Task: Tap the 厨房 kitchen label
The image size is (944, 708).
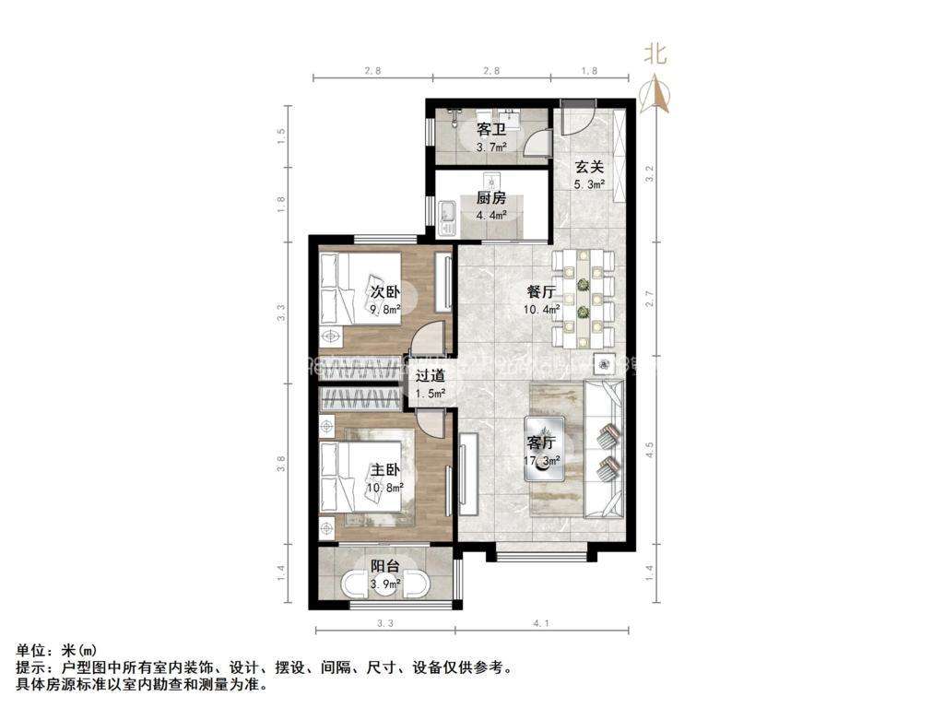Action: pos(491,198)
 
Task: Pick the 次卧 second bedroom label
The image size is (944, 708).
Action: pos(385,292)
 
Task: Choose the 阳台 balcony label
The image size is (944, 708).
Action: pos(385,567)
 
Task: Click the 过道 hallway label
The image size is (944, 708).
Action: pos(430,376)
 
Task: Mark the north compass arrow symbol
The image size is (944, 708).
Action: pos(655,93)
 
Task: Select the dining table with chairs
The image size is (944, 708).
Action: pos(583,297)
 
